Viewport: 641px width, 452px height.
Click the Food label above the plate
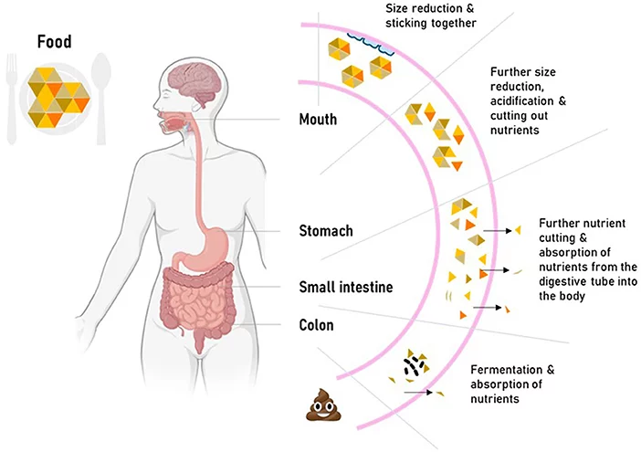[56, 41]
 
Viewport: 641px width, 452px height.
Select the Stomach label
[326, 231]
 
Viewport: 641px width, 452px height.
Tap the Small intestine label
[346, 288]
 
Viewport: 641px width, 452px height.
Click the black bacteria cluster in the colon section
[415, 365]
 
